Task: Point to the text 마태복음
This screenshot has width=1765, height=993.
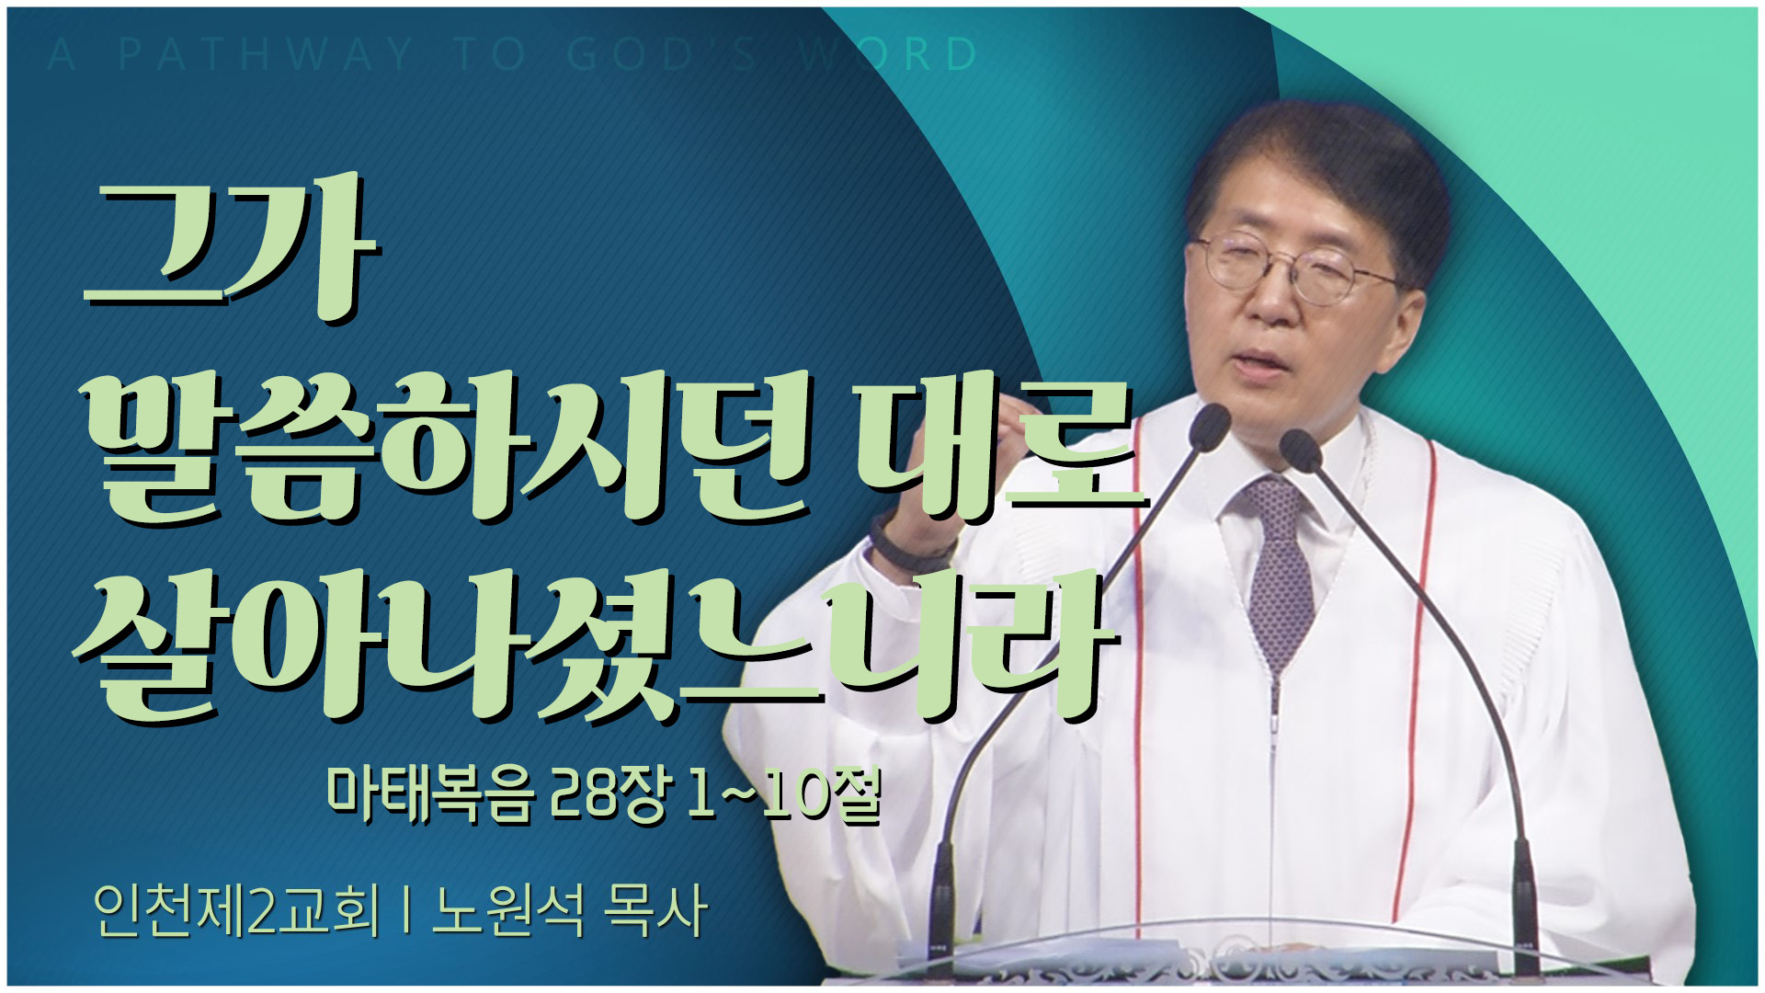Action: click(x=432, y=793)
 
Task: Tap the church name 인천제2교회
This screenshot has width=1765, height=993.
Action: click(x=236, y=911)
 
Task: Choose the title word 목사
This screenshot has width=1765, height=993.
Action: click(x=655, y=911)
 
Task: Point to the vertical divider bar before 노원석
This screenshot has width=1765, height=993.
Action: click(x=405, y=911)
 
